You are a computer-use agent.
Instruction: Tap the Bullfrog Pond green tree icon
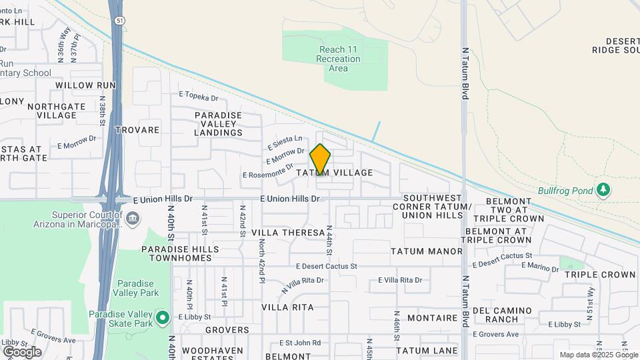point(603,190)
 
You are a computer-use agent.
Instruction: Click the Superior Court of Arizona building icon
point(133,218)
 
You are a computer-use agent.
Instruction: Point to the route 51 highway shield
point(117,21)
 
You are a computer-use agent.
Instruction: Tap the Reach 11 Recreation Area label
point(339,59)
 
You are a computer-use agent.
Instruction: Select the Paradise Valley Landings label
point(218,124)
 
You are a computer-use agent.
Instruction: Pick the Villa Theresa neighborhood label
point(288,233)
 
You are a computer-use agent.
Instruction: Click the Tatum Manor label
point(427,251)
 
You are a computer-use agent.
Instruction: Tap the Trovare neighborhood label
point(138,130)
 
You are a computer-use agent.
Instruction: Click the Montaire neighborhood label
point(432,318)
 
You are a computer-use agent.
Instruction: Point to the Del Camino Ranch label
point(503,315)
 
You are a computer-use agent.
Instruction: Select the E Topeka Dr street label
point(199,97)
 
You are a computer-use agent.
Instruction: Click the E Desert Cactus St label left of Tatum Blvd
point(327,266)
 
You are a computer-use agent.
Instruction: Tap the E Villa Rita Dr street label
point(400,280)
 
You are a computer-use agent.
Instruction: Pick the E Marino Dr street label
point(539,267)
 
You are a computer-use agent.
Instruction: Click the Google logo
point(22,352)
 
